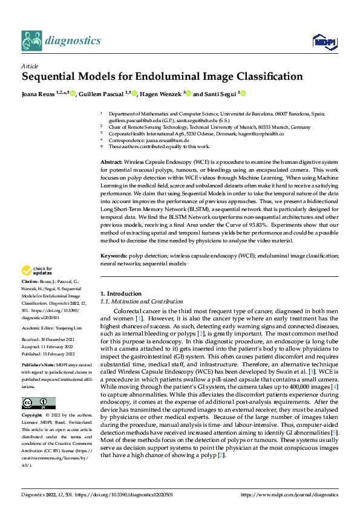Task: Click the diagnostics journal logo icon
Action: pyautogui.click(x=31, y=41)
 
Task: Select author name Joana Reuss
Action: pyautogui.click(x=40, y=94)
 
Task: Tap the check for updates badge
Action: pyautogui.click(x=37, y=271)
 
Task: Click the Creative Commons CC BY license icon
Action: pyautogui.click(x=38, y=403)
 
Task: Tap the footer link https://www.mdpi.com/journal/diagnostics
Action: pyautogui.click(x=289, y=494)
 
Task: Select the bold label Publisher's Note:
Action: pyautogui.click(x=38, y=366)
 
